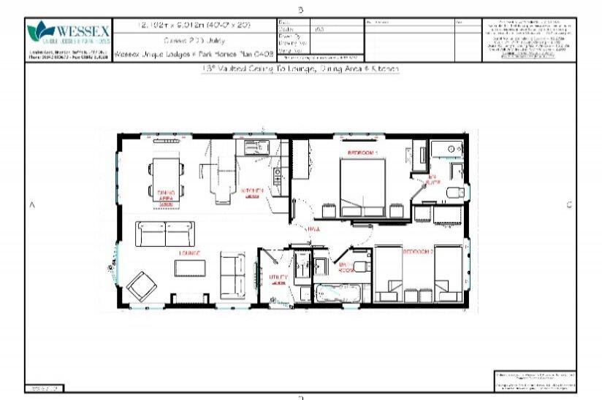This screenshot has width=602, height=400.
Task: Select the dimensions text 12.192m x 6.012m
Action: pos(194,25)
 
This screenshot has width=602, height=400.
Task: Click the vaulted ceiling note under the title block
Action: pos(300,68)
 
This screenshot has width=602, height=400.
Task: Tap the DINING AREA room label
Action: pos(165,196)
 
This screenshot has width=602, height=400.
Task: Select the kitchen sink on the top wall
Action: pos(256,148)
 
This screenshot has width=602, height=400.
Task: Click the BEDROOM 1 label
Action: pos(362,153)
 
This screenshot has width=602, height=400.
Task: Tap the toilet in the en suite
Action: pos(456,192)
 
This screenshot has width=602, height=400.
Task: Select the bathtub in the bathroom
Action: pos(338,293)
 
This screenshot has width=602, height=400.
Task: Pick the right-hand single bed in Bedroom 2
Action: pos(447,274)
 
